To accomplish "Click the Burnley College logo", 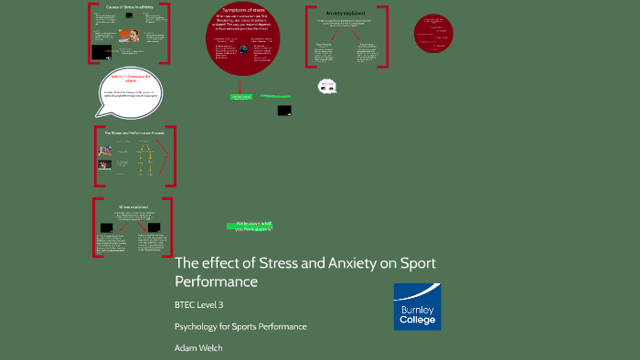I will tap(416, 306).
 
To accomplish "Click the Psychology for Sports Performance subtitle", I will tap(240, 326).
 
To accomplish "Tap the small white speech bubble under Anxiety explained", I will tap(326, 86).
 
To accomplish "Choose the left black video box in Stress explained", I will tap(109, 227).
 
